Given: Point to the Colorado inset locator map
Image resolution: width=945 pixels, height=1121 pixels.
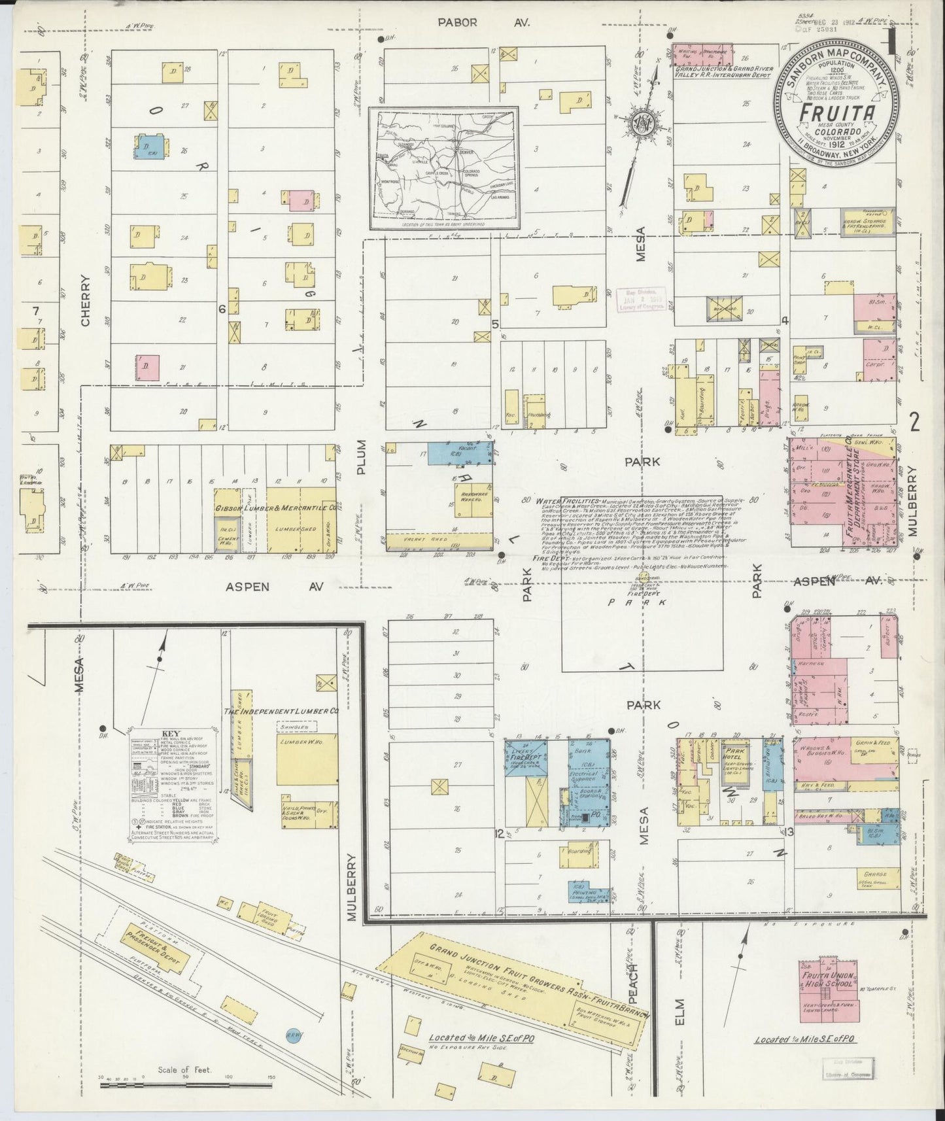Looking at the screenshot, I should coord(443,168).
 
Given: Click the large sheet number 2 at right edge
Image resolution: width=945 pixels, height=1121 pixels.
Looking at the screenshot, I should coord(914,423).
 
